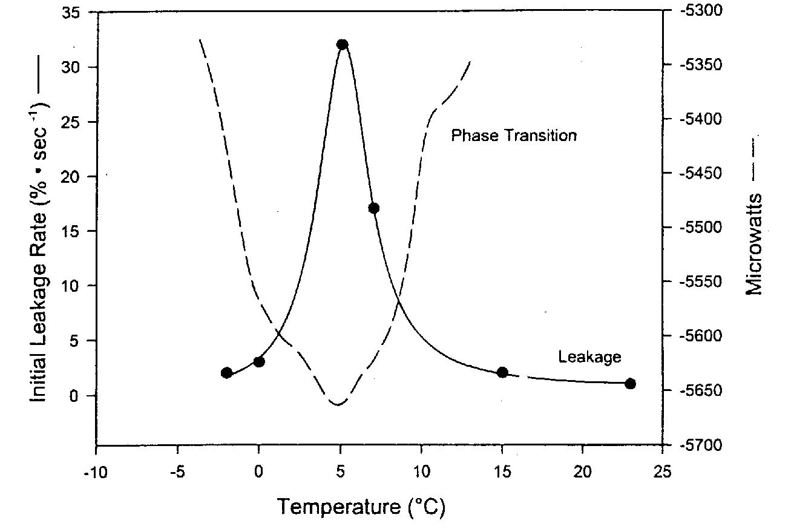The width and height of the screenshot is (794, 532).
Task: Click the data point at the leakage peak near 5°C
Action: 342,45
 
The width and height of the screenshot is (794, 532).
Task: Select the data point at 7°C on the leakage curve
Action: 373,208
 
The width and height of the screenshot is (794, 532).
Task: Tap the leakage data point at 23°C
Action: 630,384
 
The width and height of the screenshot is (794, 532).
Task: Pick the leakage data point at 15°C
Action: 502,372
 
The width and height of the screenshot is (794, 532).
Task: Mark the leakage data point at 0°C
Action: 259,362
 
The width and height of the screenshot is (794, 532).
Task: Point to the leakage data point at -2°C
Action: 226,373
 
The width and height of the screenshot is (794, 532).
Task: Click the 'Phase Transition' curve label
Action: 514,135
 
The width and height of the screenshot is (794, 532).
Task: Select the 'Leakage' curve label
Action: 589,357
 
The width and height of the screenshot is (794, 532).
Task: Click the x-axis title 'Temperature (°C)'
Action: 361,507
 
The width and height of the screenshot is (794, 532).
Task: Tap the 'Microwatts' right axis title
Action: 754,242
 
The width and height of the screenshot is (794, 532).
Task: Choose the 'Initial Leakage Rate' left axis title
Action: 40,242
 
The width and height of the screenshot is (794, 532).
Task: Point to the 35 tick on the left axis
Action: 75,13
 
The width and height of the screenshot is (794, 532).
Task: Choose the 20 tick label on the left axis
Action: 75,177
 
